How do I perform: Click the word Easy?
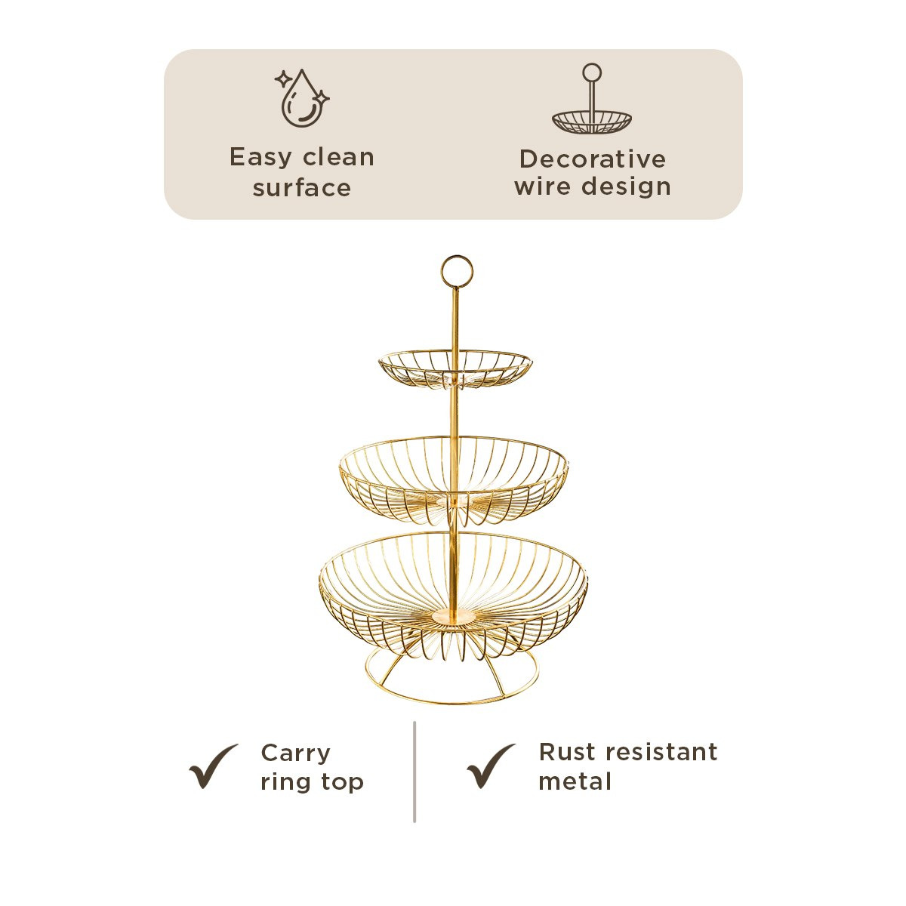(260, 158)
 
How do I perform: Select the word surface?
(302, 188)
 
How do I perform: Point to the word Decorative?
(593, 159)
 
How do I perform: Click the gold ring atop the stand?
(457, 271)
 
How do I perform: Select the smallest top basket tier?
(455, 368)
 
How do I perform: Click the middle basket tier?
(453, 479)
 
